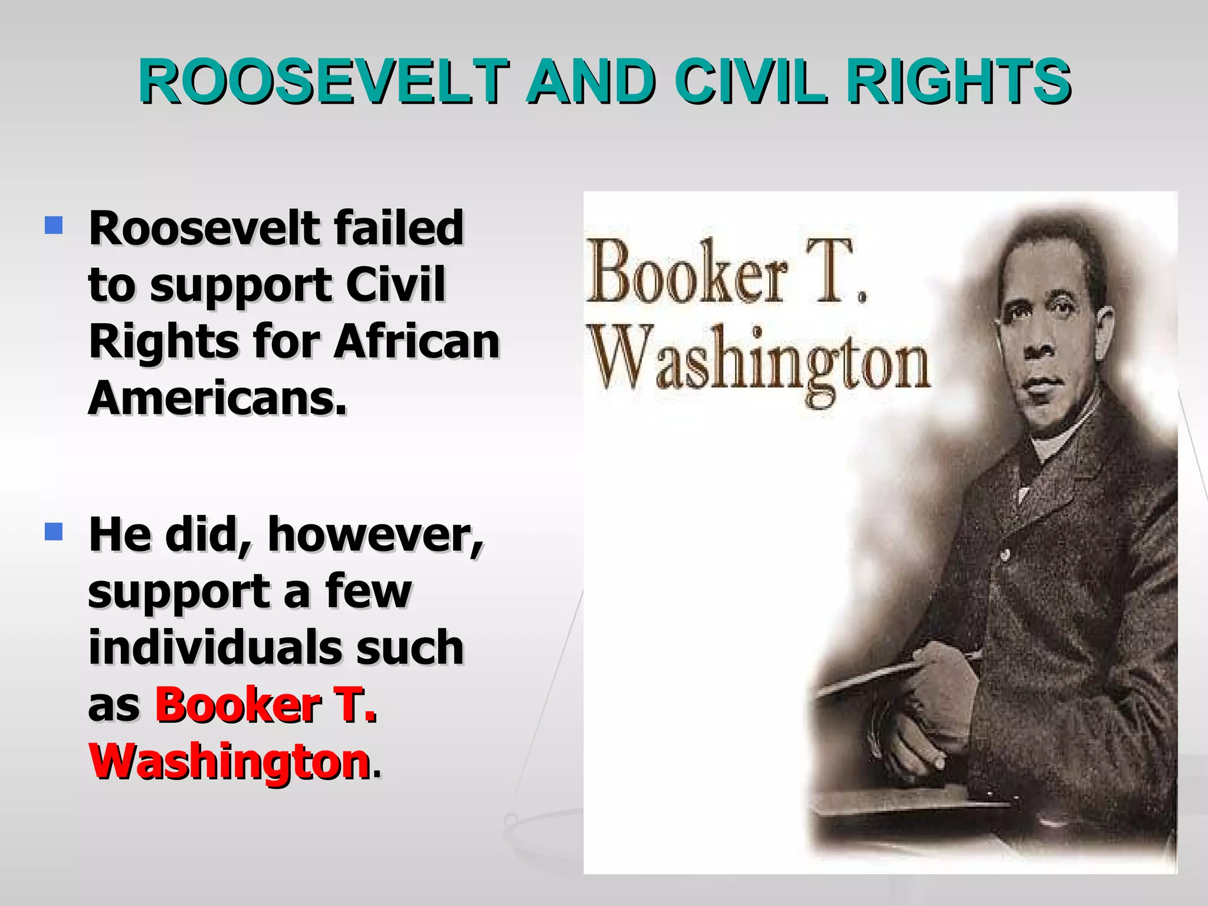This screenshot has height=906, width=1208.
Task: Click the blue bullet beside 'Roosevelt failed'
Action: (54, 225)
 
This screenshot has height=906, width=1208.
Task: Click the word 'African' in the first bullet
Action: (416, 342)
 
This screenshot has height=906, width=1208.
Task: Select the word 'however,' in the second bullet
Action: (375, 534)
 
